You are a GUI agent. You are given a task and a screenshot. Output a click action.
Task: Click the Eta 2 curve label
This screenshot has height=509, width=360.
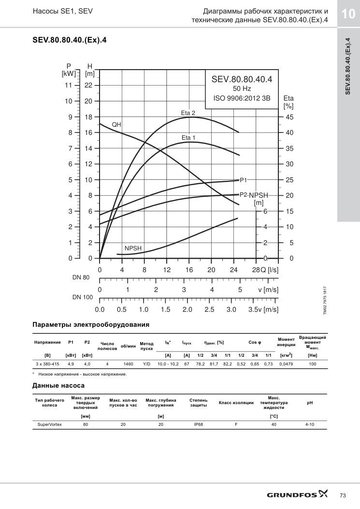(x=188, y=113)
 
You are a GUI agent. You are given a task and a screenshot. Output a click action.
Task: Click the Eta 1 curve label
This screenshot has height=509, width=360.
(x=188, y=138)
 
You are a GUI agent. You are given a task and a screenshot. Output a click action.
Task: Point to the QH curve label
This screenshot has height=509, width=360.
(x=116, y=125)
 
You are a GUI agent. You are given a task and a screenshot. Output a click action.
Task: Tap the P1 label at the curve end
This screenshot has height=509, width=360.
(x=244, y=180)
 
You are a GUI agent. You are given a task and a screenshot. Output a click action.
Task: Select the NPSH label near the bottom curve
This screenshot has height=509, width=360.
(x=133, y=248)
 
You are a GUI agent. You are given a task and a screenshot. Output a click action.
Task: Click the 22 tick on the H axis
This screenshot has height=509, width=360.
(x=88, y=86)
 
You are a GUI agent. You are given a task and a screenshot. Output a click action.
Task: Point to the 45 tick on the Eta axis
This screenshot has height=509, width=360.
(x=289, y=117)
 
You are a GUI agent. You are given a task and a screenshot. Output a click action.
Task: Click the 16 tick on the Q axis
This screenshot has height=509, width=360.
(x=189, y=270)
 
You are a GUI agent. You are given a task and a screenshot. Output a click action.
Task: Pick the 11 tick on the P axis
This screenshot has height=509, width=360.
(x=68, y=86)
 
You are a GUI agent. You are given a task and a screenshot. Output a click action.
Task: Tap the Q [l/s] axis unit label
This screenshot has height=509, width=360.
(x=270, y=270)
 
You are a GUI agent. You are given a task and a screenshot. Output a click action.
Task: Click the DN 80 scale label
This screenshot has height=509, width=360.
(x=81, y=277)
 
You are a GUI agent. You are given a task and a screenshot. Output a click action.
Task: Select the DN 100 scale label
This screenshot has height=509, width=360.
(x=83, y=297)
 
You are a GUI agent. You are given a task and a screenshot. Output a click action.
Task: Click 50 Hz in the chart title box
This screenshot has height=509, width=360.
(x=242, y=88)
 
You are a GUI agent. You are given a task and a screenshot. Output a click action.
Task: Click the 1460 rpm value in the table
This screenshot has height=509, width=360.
(x=128, y=364)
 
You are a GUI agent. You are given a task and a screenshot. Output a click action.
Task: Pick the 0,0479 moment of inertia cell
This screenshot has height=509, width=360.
(x=286, y=364)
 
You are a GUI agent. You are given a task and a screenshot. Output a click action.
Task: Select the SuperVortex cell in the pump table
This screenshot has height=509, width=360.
(x=50, y=424)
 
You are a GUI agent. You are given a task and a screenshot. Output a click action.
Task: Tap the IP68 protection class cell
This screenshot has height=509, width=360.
(x=198, y=424)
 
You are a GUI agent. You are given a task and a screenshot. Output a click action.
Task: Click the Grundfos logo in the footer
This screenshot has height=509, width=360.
(x=297, y=494)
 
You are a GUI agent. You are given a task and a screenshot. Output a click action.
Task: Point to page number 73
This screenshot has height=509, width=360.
(x=343, y=495)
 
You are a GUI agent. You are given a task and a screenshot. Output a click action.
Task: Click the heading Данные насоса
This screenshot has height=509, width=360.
(x=58, y=386)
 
